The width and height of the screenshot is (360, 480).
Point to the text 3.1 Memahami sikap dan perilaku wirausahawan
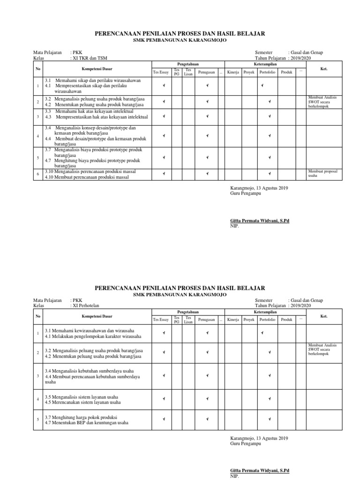(86, 81)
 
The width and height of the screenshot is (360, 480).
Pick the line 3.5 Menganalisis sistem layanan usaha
(82, 397)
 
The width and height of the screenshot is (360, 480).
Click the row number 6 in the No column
(37, 174)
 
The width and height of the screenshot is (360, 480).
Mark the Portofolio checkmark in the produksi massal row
(270, 174)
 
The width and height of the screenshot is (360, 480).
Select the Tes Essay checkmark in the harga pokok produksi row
(164, 420)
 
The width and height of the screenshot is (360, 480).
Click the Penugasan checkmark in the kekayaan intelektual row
(207, 116)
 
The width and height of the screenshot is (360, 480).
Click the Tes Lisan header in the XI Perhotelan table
(188, 320)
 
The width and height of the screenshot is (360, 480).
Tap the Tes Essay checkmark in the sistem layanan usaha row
(164, 399)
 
